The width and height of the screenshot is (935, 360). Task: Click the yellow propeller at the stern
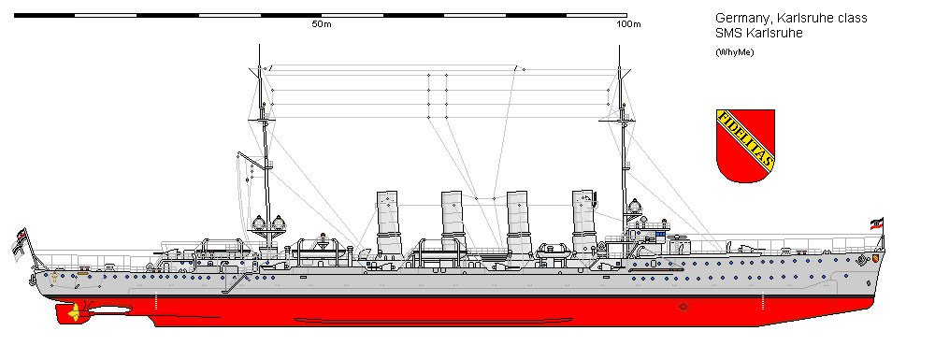click(73, 313)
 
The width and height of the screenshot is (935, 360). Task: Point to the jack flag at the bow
click(876, 224)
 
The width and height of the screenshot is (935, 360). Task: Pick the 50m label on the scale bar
click(321, 23)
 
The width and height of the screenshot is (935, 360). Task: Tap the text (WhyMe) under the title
click(735, 51)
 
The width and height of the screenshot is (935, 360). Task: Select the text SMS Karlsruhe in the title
click(758, 35)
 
